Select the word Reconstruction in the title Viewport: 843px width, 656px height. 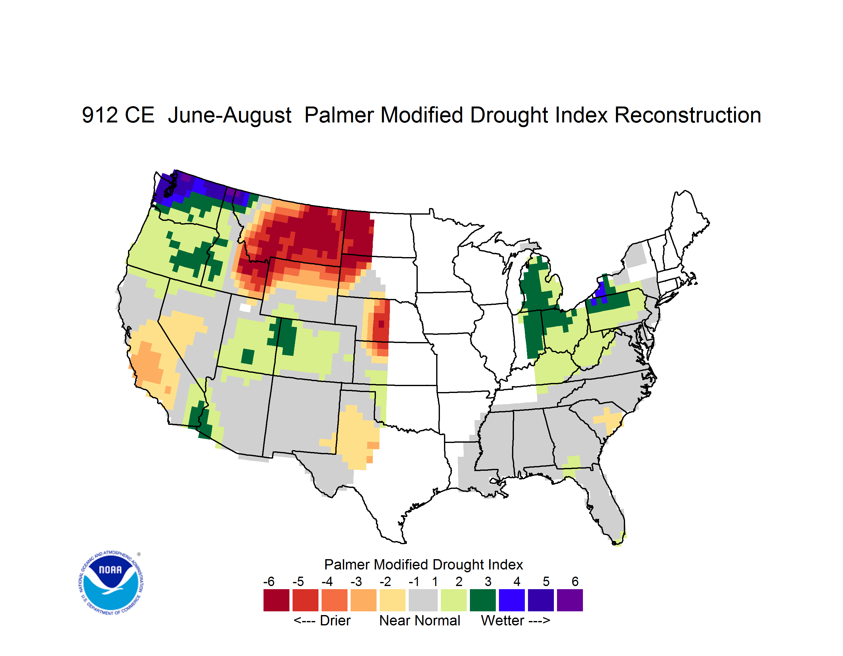tap(688, 115)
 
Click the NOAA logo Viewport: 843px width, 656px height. tap(111, 583)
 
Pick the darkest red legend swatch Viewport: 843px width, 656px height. tap(276, 600)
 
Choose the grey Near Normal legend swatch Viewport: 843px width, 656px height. tap(423, 600)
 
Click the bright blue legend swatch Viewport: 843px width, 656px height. tap(512, 600)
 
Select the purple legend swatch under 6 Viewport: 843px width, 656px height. tap(570, 600)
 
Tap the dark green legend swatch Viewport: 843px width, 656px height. tap(483, 600)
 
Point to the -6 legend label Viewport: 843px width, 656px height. tap(269, 581)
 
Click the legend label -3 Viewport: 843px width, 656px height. tap(356, 581)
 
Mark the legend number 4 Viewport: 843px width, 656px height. tap(517, 581)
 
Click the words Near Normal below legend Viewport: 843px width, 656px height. tap(420, 620)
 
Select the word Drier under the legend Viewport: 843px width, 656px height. tap(335, 620)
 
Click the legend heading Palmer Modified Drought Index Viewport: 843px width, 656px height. tap(423, 564)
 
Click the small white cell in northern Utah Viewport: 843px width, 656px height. tap(245, 308)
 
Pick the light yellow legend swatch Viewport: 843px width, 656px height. tap(392, 600)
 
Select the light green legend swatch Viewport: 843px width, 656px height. tap(454, 600)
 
